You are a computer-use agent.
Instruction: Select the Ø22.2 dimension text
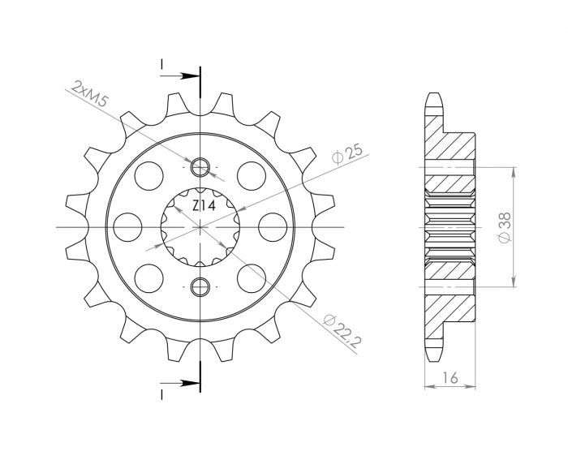pyautogui.click(x=342, y=329)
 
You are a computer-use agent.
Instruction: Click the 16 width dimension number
pyautogui.click(x=450, y=377)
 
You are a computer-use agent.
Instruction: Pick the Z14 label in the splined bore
pyautogui.click(x=203, y=207)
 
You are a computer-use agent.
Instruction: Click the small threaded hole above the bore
pyautogui.click(x=200, y=168)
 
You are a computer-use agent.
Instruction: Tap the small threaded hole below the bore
pyautogui.click(x=200, y=285)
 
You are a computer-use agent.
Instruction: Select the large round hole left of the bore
pyautogui.click(x=127, y=226)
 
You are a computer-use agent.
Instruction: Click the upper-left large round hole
pyautogui.click(x=150, y=174)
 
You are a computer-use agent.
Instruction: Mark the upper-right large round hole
pyautogui.click(x=252, y=174)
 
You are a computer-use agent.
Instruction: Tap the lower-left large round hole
pyautogui.click(x=150, y=278)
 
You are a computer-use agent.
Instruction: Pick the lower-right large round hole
pyautogui.click(x=252, y=278)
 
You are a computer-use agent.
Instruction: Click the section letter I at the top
pyautogui.click(x=162, y=65)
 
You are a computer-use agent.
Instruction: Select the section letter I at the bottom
pyautogui.click(x=162, y=393)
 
